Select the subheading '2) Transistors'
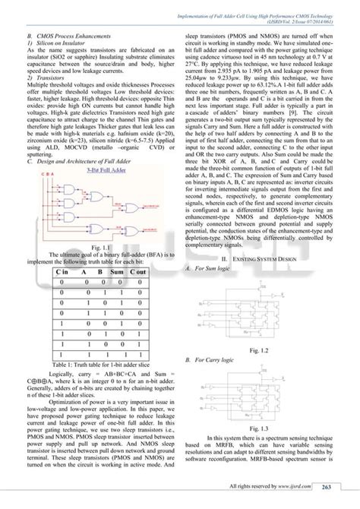point(49,77)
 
